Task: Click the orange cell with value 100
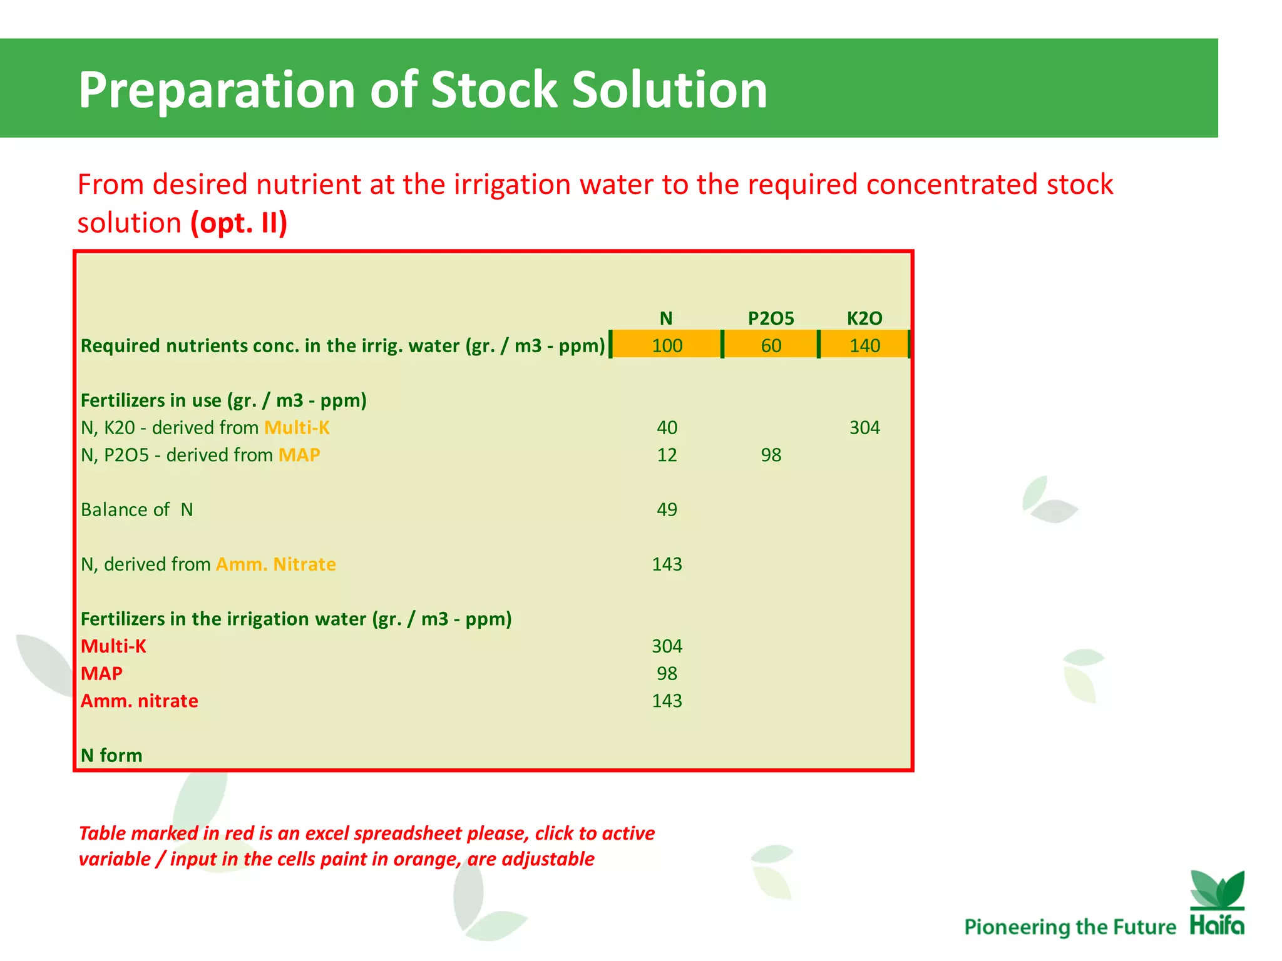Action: coord(667,345)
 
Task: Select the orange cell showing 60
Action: coord(771,345)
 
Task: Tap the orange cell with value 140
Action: coord(864,345)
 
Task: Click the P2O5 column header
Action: coord(771,318)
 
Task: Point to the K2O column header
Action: coord(864,318)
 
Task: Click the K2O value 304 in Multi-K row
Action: coord(864,427)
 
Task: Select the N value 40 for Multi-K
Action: coord(667,427)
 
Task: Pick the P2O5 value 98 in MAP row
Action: coord(771,455)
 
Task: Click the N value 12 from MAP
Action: coord(667,455)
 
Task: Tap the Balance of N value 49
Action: coord(667,509)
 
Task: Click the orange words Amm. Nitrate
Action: coord(276,564)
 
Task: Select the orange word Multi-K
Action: coord(297,427)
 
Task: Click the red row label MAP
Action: coord(101,673)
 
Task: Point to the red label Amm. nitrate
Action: coord(139,701)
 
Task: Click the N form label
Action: coord(111,755)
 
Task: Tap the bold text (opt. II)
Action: coord(238,223)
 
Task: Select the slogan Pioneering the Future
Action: coord(1070,927)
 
